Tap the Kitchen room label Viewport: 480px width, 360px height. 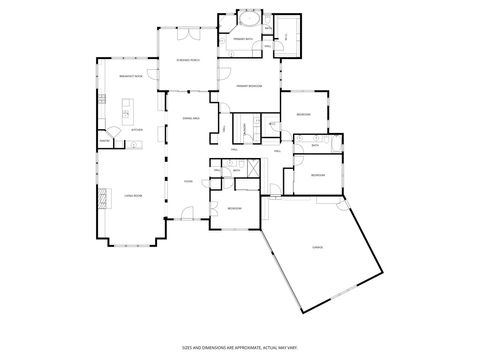coord(137,129)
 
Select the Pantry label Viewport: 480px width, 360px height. coord(102,141)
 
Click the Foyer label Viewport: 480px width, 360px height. coord(187,181)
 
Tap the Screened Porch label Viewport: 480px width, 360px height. coord(187,61)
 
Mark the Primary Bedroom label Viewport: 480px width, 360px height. coord(249,86)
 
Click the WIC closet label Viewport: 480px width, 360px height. coord(287,36)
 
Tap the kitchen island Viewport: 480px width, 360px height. coord(125,108)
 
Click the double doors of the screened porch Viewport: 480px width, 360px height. coord(184,32)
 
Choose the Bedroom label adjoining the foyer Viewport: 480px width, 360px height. coord(233,207)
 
